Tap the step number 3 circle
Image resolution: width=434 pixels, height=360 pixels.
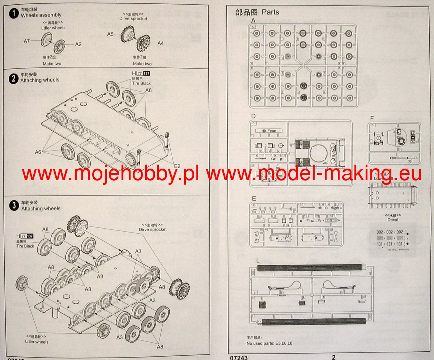14,206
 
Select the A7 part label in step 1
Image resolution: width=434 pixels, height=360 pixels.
27,41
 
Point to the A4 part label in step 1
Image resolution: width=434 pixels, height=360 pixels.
161,43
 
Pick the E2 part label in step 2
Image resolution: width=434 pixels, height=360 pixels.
177,166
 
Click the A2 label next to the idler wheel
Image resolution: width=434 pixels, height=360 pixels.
78,44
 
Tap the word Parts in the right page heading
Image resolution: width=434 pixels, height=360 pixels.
270,12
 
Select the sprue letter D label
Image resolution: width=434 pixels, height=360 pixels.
253,117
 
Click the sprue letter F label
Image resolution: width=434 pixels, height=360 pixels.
372,118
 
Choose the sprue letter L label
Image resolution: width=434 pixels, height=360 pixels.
257,261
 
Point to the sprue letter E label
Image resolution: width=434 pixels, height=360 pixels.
254,198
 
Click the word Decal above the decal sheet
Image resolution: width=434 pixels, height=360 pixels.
392,219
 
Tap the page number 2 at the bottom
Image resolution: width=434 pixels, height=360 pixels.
333,357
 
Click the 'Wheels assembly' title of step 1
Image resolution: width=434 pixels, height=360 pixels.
41,15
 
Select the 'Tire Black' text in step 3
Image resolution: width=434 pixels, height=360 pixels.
25,246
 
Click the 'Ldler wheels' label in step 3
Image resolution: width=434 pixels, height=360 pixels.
37,342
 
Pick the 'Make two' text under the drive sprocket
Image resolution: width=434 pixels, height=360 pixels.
142,64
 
